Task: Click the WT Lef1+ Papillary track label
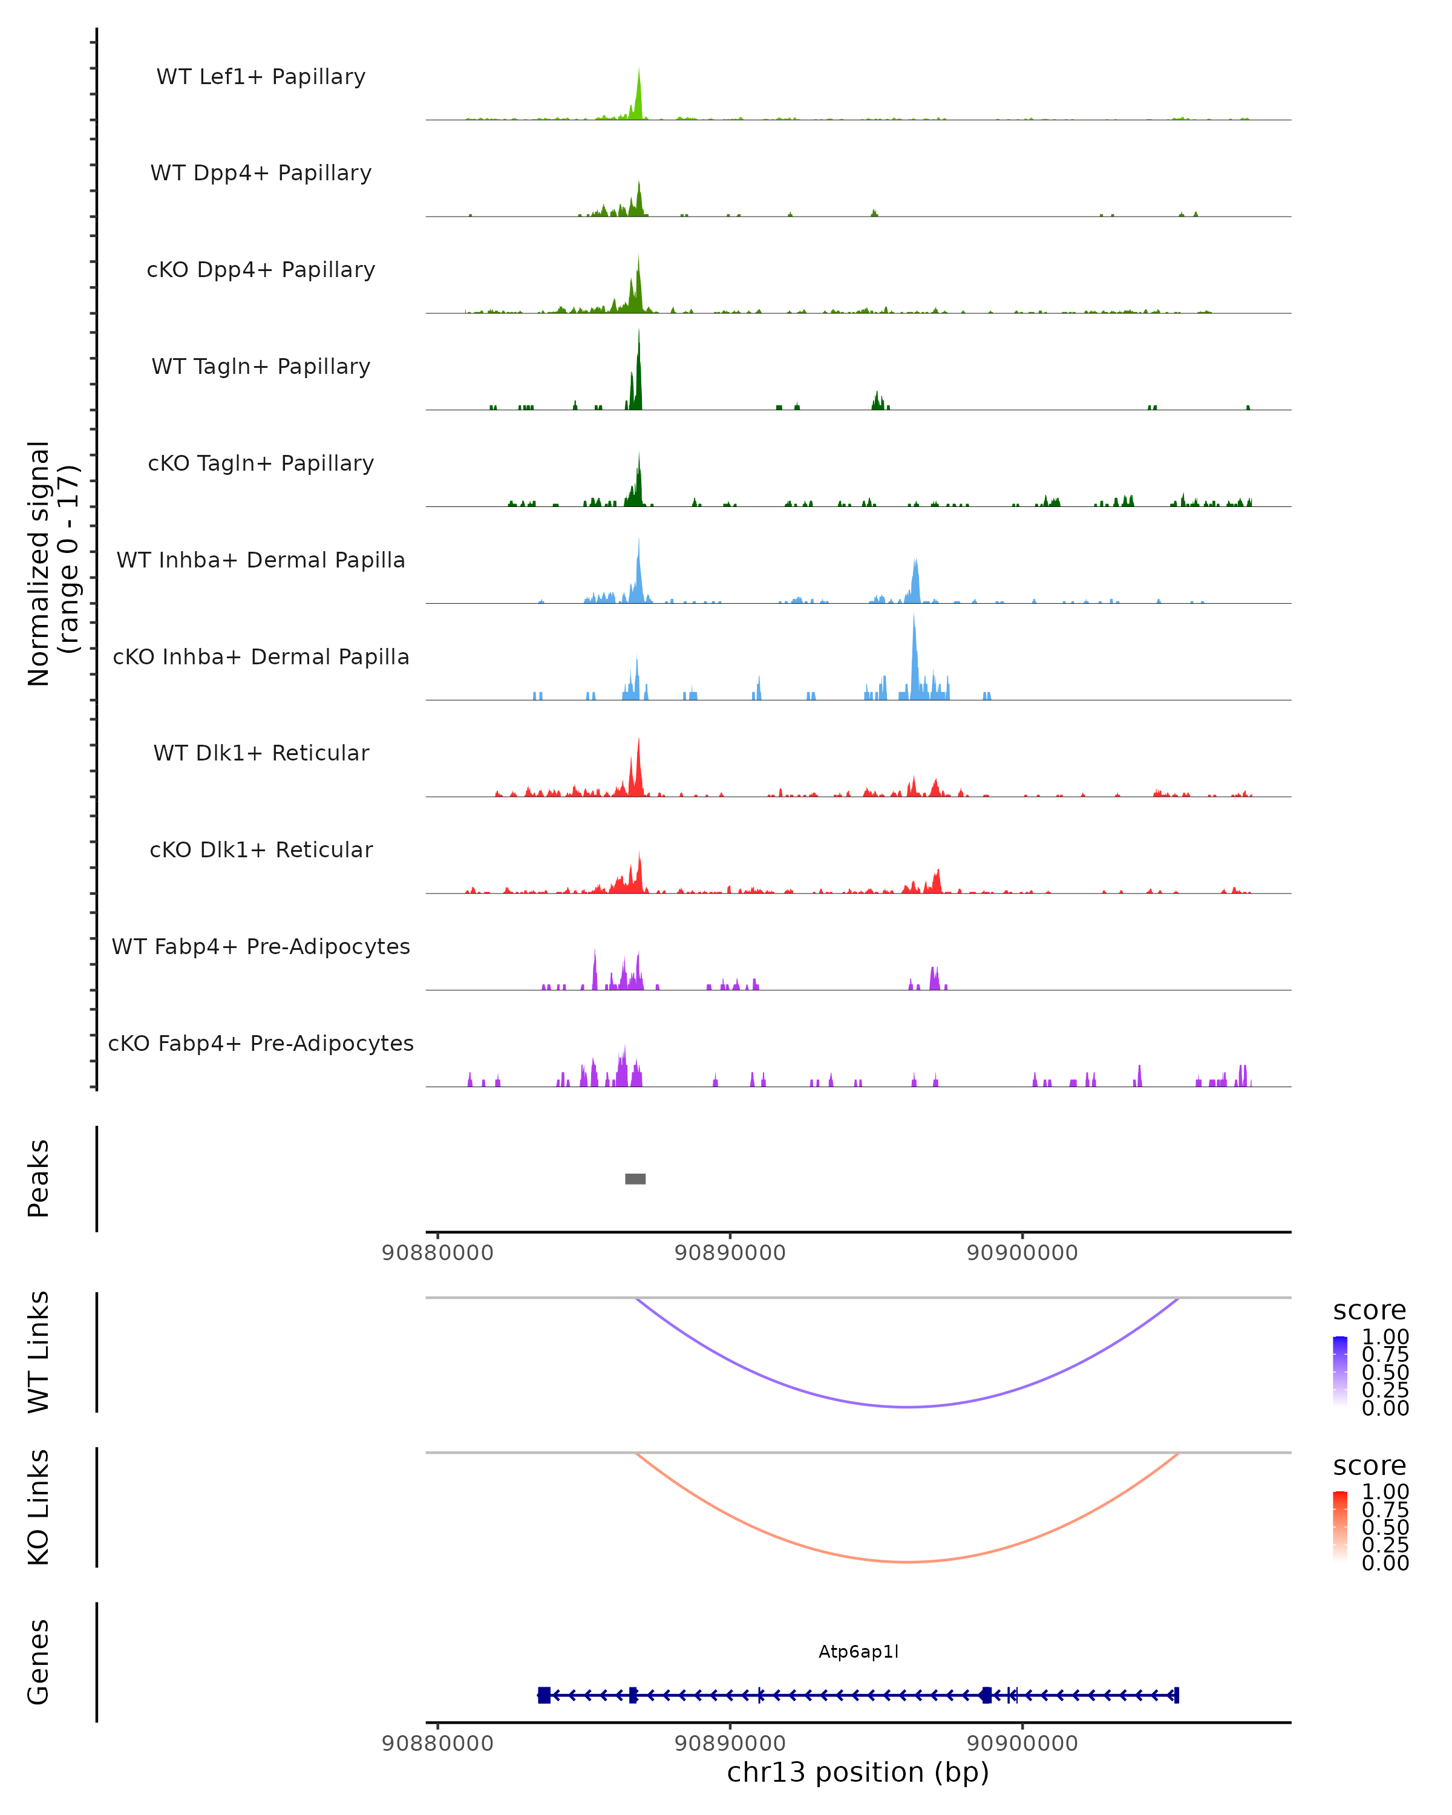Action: coord(261,77)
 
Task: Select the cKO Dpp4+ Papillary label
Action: coord(261,270)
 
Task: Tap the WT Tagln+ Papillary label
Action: coord(261,367)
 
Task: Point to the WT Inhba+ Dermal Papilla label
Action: coord(261,561)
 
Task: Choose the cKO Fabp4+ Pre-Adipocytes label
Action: coord(261,1044)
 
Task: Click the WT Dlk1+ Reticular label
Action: coord(261,753)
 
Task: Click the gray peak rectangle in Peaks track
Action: coord(635,1179)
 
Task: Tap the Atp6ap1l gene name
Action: coord(858,1652)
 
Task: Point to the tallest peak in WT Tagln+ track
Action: coord(639,332)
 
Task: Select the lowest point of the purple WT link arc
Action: coord(907,1407)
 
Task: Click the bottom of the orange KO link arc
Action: coord(907,1562)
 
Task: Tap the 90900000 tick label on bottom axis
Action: coord(1022,1742)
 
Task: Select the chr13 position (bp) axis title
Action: coord(858,1772)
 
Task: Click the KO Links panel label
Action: coord(39,1507)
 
